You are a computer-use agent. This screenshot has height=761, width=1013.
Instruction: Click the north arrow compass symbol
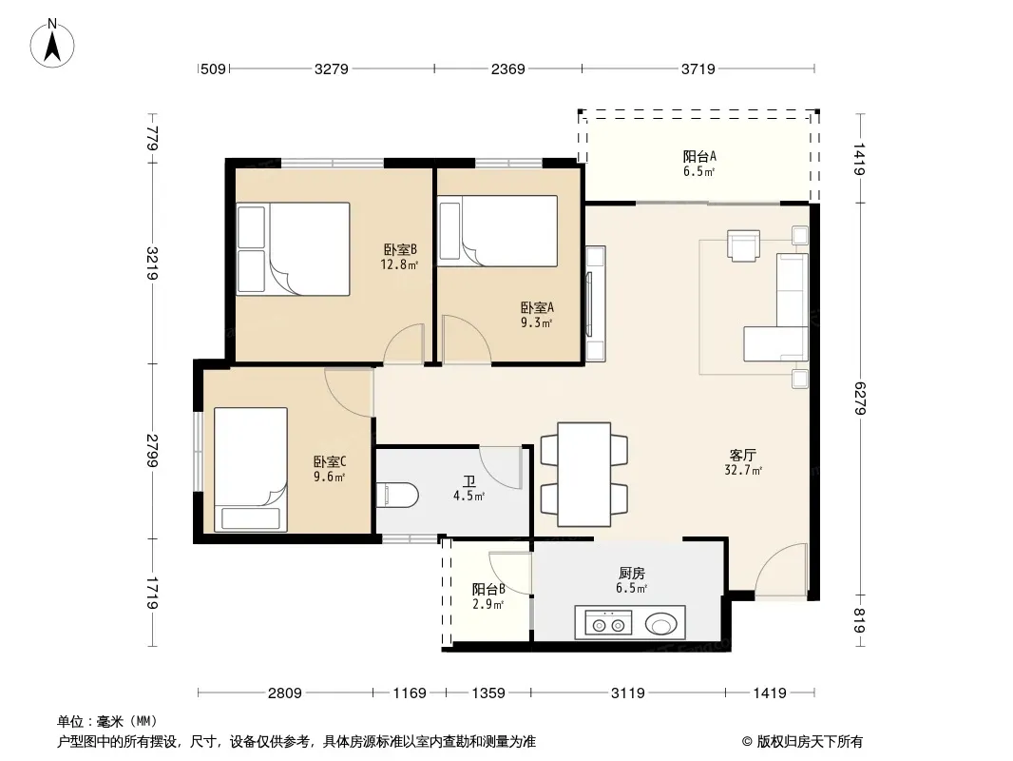(52, 44)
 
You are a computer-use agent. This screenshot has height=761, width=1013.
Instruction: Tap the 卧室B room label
(400, 249)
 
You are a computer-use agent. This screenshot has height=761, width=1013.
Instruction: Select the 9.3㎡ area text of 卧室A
(536, 322)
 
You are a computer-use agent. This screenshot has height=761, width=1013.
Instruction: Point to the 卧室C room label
(330, 461)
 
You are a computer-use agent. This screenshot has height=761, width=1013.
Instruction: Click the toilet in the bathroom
(396, 496)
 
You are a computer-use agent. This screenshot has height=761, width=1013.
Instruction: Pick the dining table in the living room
(584, 474)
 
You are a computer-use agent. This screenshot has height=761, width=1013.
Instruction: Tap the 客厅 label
(742, 456)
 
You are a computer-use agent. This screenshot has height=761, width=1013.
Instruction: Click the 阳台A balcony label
(699, 156)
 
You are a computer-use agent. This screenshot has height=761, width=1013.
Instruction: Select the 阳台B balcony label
(488, 589)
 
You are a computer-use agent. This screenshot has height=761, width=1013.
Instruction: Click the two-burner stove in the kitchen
(608, 623)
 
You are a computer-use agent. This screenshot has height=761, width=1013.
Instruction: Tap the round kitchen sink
(660, 625)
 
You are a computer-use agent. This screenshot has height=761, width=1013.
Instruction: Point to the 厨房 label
(631, 573)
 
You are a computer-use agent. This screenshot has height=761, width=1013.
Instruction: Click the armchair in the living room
(744, 245)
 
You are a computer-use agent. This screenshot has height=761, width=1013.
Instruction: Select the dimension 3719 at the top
(698, 68)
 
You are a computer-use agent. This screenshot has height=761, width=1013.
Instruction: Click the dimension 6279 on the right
(860, 399)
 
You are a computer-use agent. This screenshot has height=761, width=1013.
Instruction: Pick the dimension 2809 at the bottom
(285, 693)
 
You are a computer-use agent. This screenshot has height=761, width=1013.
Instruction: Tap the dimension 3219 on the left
(152, 263)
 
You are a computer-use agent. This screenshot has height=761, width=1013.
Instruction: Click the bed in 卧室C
(251, 469)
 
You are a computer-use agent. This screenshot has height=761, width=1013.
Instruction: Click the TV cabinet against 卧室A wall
(595, 303)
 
